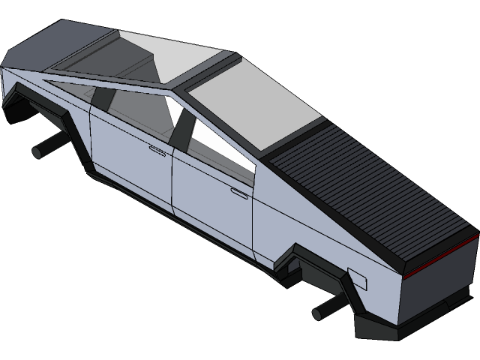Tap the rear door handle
pyautogui.click(x=239, y=194)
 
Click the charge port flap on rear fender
pyautogui.click(x=357, y=280)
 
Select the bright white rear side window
pyautogui.click(x=225, y=146)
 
